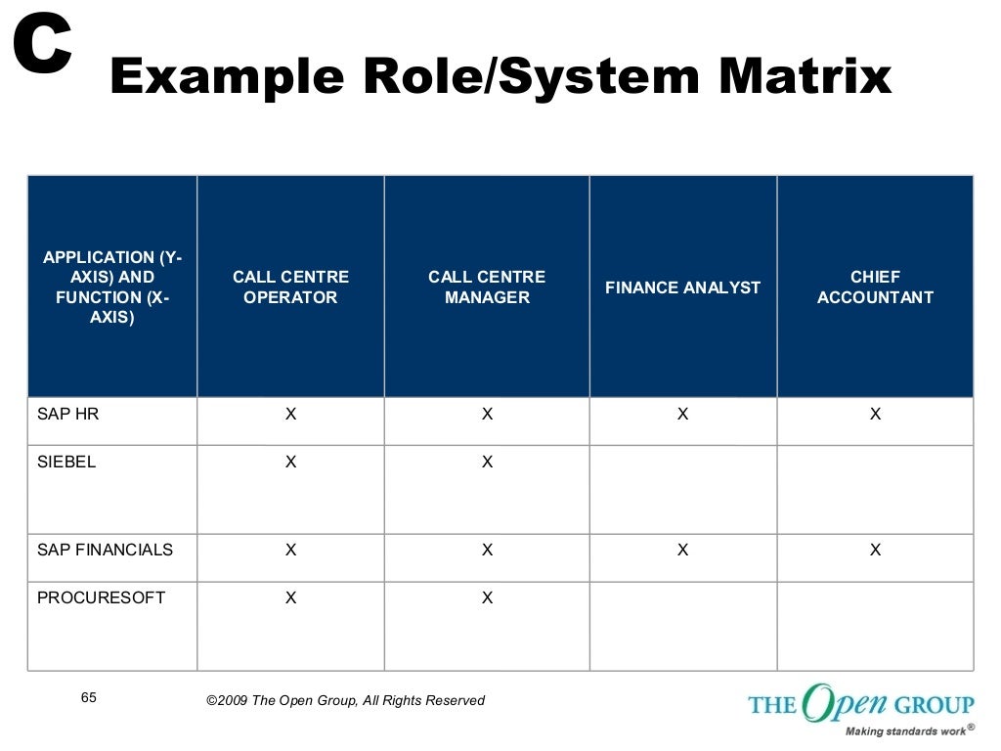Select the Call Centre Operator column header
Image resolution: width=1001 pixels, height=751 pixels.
pyautogui.click(x=290, y=287)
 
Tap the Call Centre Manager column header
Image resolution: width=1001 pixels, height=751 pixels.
pyautogui.click(x=487, y=287)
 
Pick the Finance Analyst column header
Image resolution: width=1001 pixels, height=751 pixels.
pyautogui.click(x=682, y=287)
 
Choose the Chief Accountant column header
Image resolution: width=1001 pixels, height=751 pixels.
pyautogui.click(x=875, y=287)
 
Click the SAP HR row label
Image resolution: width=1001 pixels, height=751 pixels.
pyautogui.click(x=67, y=414)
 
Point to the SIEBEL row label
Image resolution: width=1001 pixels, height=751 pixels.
pyautogui.click(x=66, y=462)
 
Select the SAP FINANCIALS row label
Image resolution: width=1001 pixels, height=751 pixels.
pyautogui.click(x=105, y=550)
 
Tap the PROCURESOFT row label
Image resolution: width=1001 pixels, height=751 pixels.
pyautogui.click(x=101, y=597)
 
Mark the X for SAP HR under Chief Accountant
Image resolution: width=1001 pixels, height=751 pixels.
pyautogui.click(x=875, y=415)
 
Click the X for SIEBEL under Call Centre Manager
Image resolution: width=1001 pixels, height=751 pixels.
pyautogui.click(x=487, y=462)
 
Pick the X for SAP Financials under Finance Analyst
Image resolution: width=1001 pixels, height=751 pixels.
pyautogui.click(x=682, y=550)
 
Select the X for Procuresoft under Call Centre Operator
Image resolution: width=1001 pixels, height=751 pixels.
pyautogui.click(x=290, y=597)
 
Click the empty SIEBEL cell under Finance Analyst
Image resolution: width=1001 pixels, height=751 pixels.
pyautogui.click(x=682, y=489)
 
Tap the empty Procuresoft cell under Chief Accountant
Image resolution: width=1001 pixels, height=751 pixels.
pyautogui.click(x=875, y=626)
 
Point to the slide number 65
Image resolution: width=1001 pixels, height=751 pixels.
pyautogui.click(x=89, y=697)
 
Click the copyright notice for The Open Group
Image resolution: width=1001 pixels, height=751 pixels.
pyautogui.click(x=345, y=700)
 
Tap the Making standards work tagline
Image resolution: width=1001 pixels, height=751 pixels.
pyautogui.click(x=905, y=730)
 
